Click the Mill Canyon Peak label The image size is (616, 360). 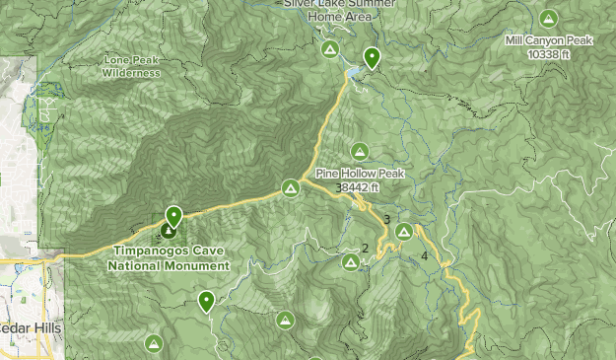click(x=548, y=40)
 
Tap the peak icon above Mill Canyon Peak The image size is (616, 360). click(x=549, y=18)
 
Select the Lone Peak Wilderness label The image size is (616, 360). click(x=131, y=66)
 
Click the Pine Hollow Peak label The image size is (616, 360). click(x=360, y=174)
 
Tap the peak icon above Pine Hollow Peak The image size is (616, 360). click(x=360, y=151)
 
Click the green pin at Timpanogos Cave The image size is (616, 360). click(x=174, y=215)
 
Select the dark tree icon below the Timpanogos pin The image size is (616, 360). click(x=169, y=233)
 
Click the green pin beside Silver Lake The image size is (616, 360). click(x=372, y=57)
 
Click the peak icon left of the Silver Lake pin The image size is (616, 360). click(x=331, y=49)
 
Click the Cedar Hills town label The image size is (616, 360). click(x=30, y=327)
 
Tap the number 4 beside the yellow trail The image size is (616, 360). click(x=425, y=256)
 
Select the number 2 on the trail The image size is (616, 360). click(x=365, y=249)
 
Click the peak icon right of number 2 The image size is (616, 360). click(x=351, y=261)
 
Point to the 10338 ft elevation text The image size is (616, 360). click(x=548, y=53)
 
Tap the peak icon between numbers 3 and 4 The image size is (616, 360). click(x=404, y=231)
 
